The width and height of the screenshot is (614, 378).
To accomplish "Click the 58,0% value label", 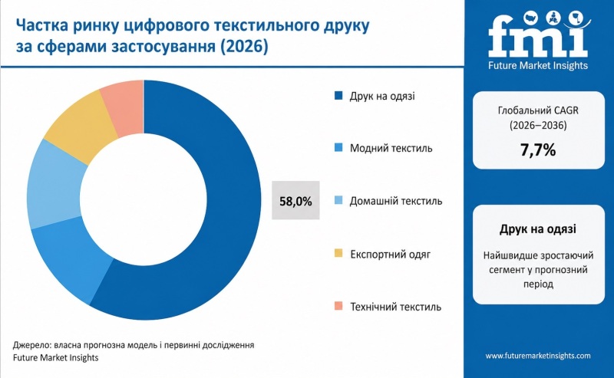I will [x=295, y=202].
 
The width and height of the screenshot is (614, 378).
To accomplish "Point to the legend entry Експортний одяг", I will [x=390, y=254].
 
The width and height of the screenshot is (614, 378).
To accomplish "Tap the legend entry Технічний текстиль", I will [x=395, y=307].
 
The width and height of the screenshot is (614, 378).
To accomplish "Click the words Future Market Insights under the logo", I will [x=538, y=66].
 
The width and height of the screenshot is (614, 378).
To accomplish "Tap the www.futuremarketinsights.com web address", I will [x=538, y=356].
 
